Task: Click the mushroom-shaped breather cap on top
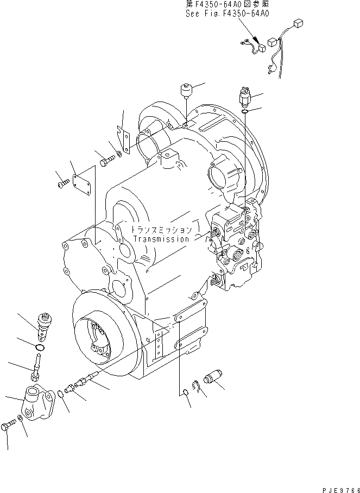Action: coord(186,90)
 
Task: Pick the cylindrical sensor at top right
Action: coord(244,97)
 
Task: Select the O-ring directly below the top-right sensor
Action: coord(244,112)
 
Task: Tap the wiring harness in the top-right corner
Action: coord(271,49)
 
